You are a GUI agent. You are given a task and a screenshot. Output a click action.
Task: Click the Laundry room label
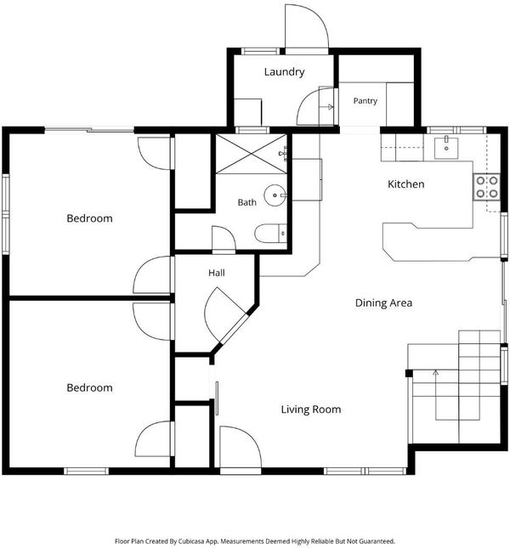coord(284,72)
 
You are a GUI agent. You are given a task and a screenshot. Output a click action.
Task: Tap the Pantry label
coord(365,101)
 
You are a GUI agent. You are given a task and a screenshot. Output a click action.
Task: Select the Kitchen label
coord(406,184)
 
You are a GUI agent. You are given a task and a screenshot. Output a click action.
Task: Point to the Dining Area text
coord(383,302)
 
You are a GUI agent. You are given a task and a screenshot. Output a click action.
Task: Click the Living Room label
coord(311,410)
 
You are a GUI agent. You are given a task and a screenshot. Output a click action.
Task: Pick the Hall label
coord(217,273)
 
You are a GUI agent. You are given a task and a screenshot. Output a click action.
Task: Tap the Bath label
coord(246,202)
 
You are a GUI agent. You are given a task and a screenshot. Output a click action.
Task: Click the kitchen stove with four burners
coord(486,187)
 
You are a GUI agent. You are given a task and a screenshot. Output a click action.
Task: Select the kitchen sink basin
coord(446,148)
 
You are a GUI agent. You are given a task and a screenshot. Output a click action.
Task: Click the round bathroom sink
coord(275,195)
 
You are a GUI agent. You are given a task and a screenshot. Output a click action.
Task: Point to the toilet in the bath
coord(270,233)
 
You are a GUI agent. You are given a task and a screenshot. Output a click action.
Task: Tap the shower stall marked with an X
coord(251,154)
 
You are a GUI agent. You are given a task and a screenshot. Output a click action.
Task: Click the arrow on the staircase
coord(435,395)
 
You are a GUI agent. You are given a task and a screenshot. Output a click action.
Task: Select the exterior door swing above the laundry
coord(307,26)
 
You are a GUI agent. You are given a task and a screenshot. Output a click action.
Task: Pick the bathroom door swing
coord(224,238)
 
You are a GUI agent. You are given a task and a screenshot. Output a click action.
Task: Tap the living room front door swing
coord(241,447)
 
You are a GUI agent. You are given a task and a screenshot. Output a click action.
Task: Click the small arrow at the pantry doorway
coord(329,107)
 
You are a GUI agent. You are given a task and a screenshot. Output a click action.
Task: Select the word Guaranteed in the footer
coord(381,541)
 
